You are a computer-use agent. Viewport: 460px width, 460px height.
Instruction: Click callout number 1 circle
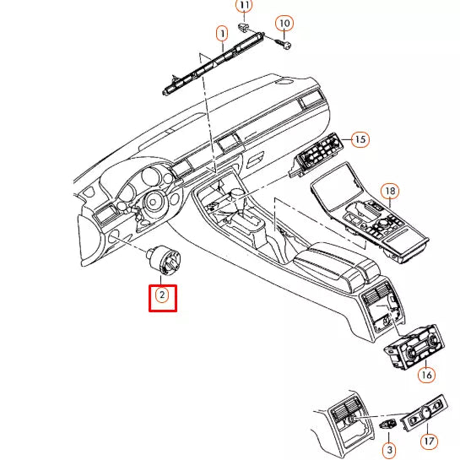click(x=222, y=34)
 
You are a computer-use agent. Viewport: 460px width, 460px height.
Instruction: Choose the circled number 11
click(x=244, y=6)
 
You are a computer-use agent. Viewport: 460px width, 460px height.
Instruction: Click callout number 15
click(x=360, y=138)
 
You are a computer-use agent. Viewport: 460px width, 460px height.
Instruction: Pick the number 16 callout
click(x=425, y=374)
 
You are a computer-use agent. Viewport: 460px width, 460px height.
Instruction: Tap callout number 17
click(x=429, y=441)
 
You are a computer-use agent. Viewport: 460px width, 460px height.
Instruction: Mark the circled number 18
click(x=389, y=192)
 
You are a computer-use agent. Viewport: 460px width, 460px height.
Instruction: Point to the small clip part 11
click(x=244, y=27)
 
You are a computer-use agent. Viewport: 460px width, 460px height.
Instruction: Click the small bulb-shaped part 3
click(x=387, y=426)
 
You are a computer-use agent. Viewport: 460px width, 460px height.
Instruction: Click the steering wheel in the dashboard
click(x=153, y=202)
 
